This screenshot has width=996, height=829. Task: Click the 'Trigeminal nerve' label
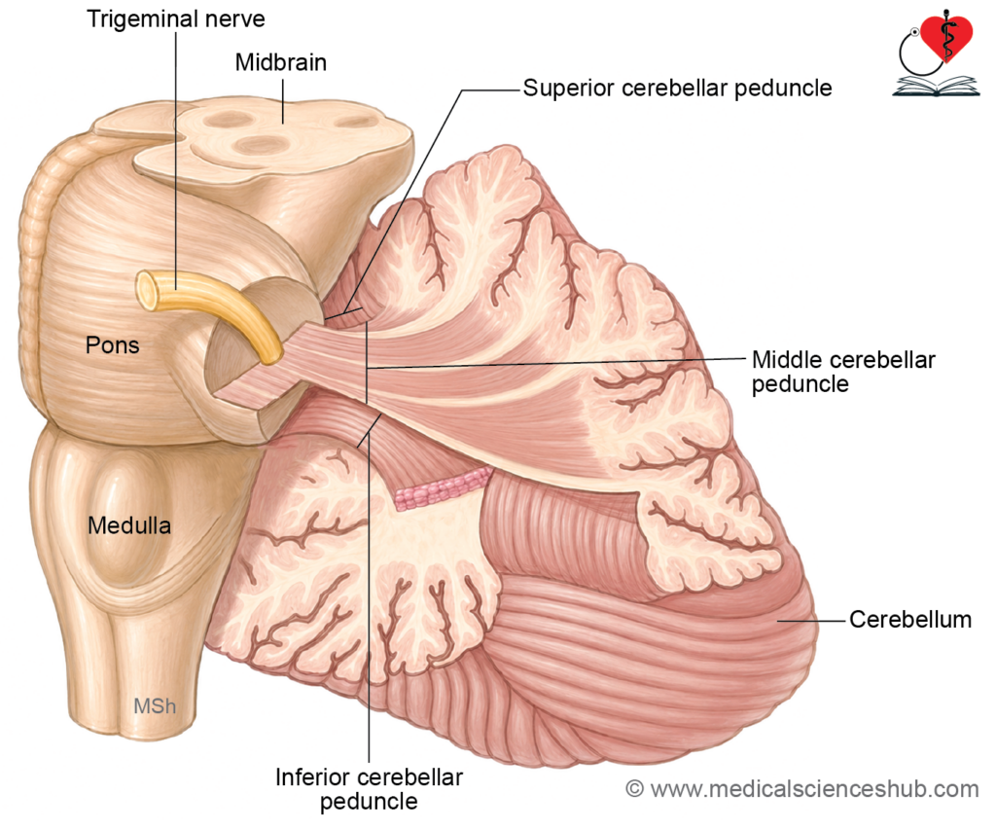tap(176, 19)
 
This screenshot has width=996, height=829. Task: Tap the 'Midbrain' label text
tap(281, 62)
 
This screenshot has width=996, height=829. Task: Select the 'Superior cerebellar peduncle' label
tap(677, 89)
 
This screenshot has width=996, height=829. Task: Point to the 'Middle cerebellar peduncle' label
tap(843, 372)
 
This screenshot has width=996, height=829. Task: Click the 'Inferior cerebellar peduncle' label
tap(369, 789)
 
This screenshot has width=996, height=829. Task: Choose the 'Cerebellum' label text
tap(910, 620)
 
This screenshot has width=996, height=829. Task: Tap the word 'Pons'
tap(113, 345)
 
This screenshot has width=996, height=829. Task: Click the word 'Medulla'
tap(129, 525)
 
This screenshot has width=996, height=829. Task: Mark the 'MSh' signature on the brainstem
tap(155, 705)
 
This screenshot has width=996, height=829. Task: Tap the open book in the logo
tap(936, 87)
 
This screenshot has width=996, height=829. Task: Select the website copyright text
tap(802, 789)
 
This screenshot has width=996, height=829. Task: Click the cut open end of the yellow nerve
tap(148, 291)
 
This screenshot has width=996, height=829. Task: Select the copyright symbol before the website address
tap(634, 789)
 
